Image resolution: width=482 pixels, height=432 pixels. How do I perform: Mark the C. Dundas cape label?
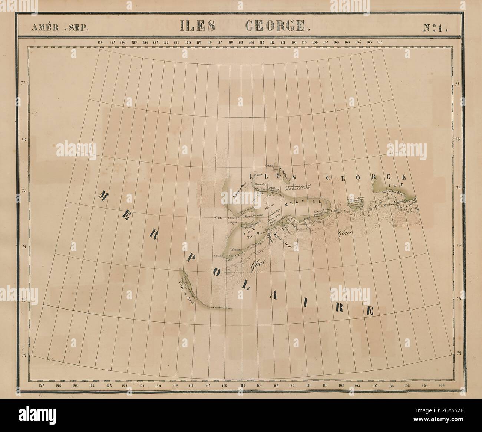tap(220, 256)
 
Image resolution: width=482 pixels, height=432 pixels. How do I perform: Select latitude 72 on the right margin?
tap(458, 354)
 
